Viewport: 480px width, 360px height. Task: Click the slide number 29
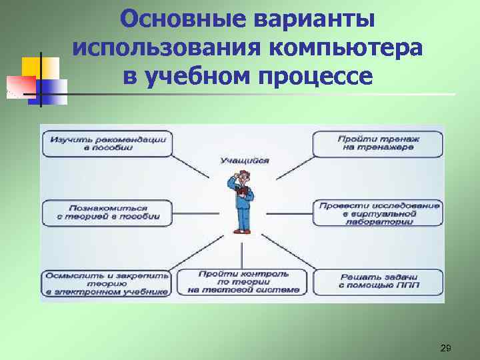click(x=445, y=349)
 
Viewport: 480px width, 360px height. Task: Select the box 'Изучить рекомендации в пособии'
click(x=107, y=144)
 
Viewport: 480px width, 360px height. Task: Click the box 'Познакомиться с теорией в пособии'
click(x=107, y=213)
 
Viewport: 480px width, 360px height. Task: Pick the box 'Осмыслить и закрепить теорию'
click(x=107, y=282)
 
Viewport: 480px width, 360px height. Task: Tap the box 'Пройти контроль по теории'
click(x=243, y=282)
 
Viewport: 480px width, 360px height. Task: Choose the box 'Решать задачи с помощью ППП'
click(x=378, y=282)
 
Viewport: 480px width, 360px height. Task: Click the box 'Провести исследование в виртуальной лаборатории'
click(x=378, y=213)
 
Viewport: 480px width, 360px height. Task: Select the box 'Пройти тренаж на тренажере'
click(x=378, y=144)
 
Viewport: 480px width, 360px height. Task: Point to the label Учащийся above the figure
click(x=244, y=161)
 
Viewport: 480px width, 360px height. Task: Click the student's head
click(x=245, y=177)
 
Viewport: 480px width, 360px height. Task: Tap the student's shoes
click(x=241, y=231)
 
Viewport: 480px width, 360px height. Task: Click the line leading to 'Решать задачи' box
click(x=287, y=252)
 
